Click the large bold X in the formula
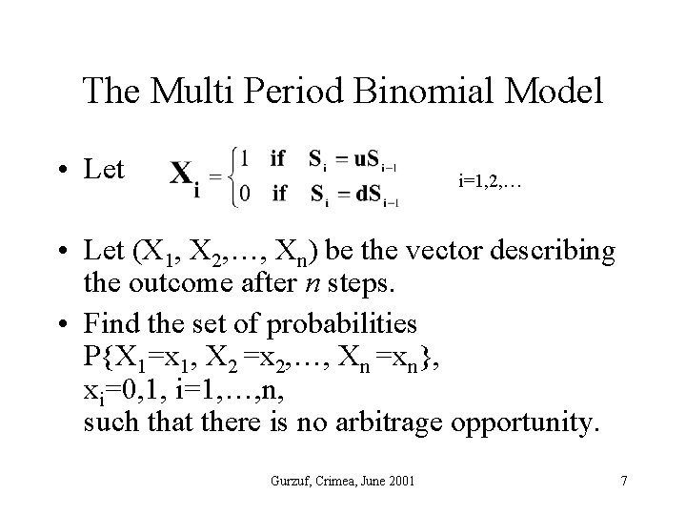(x=185, y=175)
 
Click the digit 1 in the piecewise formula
(x=246, y=157)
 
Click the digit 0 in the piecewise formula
(x=246, y=194)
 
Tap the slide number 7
(x=623, y=481)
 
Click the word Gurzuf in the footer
(x=287, y=481)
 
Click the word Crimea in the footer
(x=333, y=481)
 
